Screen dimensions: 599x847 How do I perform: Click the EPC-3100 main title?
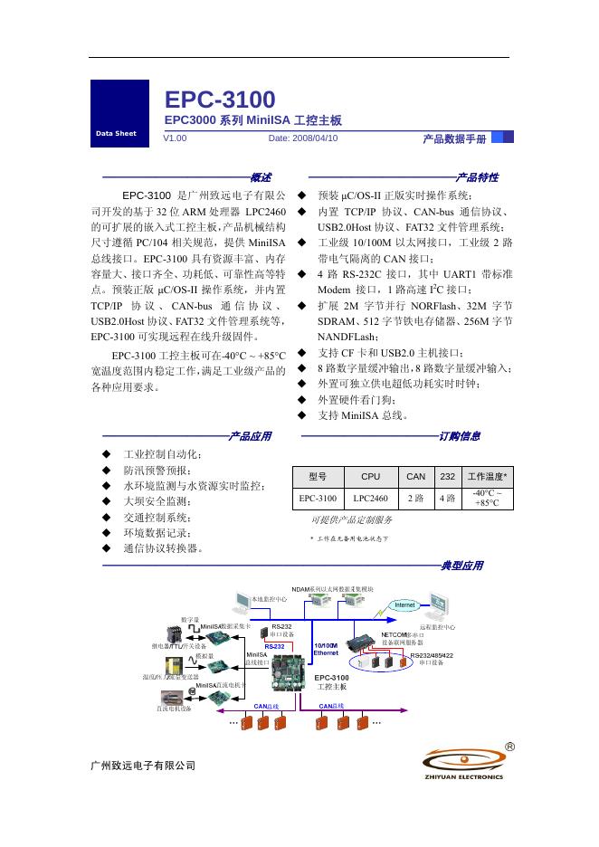point(220,100)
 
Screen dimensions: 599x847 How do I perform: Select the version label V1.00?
point(175,138)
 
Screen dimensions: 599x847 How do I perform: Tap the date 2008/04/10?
point(303,138)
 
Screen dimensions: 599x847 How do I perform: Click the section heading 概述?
point(261,177)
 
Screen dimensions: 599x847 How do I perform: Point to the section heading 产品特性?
point(477,177)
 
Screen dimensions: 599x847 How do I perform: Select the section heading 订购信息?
point(460,436)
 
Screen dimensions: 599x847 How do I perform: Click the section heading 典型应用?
point(461,566)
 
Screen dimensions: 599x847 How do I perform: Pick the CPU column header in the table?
point(371,476)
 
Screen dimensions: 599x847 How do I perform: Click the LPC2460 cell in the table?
point(371,498)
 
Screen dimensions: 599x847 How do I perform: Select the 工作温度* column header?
point(487,476)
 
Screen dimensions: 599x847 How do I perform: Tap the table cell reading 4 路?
point(447,498)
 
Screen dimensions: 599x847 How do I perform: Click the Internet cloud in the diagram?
point(404,604)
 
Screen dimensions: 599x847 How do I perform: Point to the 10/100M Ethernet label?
point(326,649)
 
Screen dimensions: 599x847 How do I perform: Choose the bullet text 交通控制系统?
point(157,518)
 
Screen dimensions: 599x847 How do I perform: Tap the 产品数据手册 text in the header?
point(454,138)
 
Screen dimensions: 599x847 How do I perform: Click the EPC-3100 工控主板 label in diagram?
point(331,682)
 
